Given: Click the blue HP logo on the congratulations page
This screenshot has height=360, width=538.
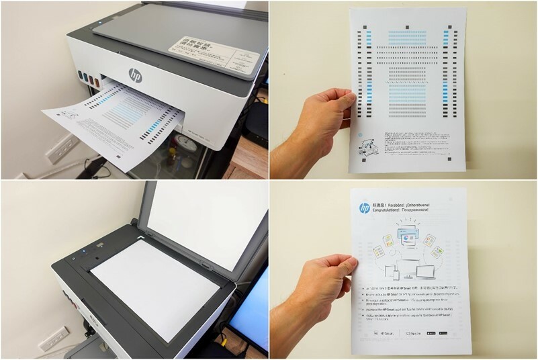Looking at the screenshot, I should point(364,207).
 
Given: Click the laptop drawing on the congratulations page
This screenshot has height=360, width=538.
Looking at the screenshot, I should point(424,272).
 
